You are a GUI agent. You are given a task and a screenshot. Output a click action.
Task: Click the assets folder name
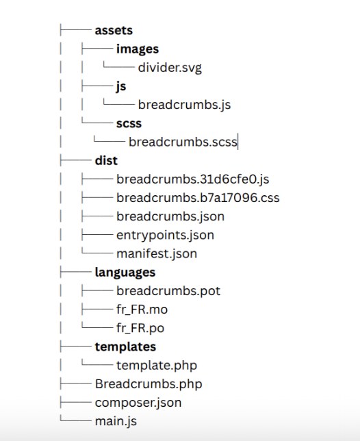(x=114, y=30)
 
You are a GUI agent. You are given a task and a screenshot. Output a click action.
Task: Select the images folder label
(x=138, y=49)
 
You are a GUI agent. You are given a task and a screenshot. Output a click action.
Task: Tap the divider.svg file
(x=170, y=68)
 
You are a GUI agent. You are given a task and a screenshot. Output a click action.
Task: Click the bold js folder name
(x=121, y=86)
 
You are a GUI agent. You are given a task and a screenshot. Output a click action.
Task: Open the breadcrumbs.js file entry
(x=184, y=105)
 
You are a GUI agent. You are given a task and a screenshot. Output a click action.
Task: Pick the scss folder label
(x=129, y=124)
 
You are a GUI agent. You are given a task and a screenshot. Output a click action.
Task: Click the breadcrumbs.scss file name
(x=183, y=142)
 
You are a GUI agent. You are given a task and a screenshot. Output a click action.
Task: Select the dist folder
(x=106, y=160)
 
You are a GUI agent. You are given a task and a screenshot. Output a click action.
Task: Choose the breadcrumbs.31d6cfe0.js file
(x=193, y=179)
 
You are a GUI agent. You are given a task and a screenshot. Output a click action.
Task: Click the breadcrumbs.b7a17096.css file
(x=198, y=198)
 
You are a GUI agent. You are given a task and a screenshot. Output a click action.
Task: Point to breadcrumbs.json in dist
(x=170, y=216)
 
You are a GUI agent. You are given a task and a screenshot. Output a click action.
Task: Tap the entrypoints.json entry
(x=165, y=236)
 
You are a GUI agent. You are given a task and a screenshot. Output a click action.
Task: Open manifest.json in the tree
(x=157, y=253)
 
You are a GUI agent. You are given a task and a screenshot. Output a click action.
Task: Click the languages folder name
(x=125, y=273)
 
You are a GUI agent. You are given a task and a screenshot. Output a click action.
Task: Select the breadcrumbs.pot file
(x=168, y=291)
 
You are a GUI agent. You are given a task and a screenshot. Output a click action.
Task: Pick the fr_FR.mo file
(x=142, y=310)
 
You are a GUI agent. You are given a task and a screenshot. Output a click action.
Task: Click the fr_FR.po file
(x=140, y=328)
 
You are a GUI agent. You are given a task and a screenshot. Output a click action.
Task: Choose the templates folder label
(x=125, y=346)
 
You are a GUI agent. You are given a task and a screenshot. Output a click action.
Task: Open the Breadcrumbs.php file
(x=149, y=384)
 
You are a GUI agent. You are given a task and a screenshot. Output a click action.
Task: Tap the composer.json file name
(x=138, y=403)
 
